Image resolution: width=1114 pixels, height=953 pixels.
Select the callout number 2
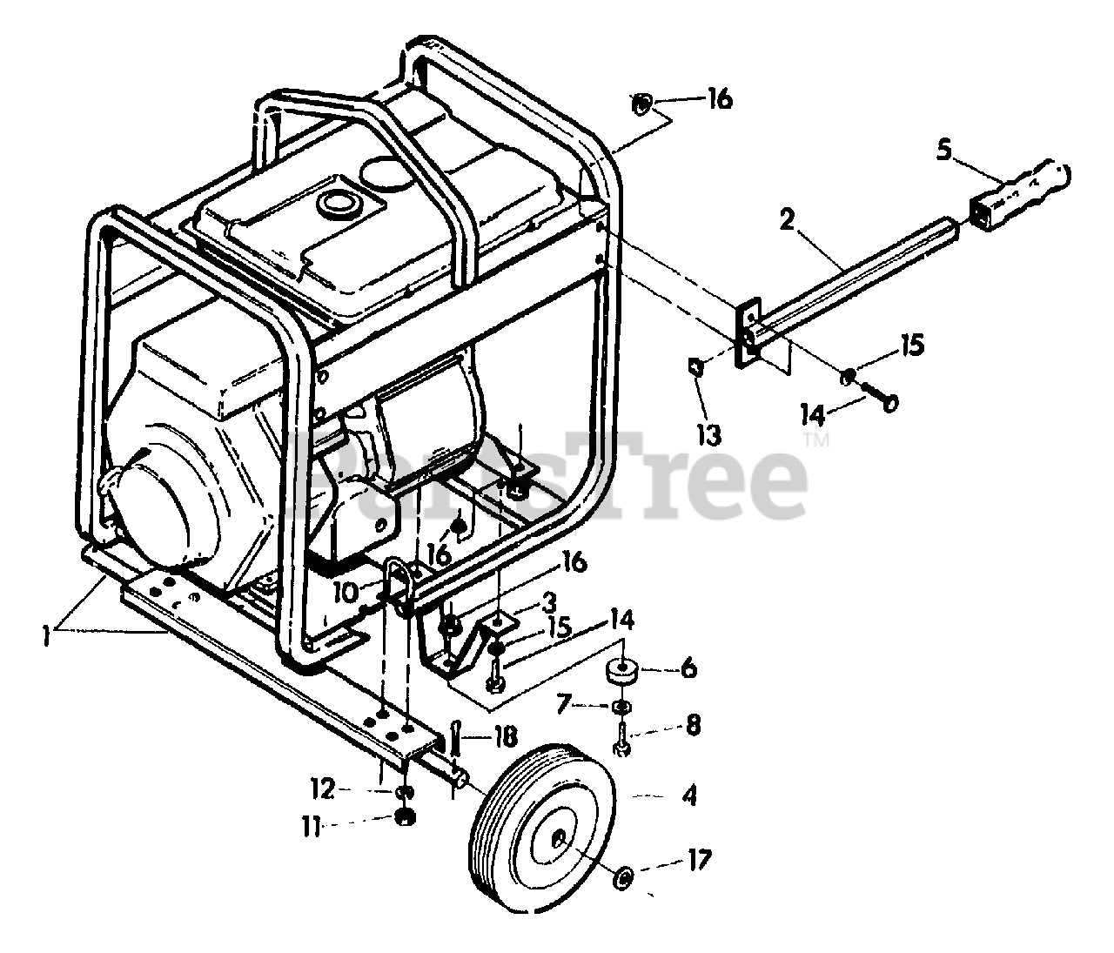(787, 220)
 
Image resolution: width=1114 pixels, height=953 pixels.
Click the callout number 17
(699, 862)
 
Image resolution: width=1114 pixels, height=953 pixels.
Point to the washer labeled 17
(623, 878)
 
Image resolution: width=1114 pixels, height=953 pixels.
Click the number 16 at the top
(719, 99)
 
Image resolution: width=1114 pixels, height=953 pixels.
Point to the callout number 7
(564, 701)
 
